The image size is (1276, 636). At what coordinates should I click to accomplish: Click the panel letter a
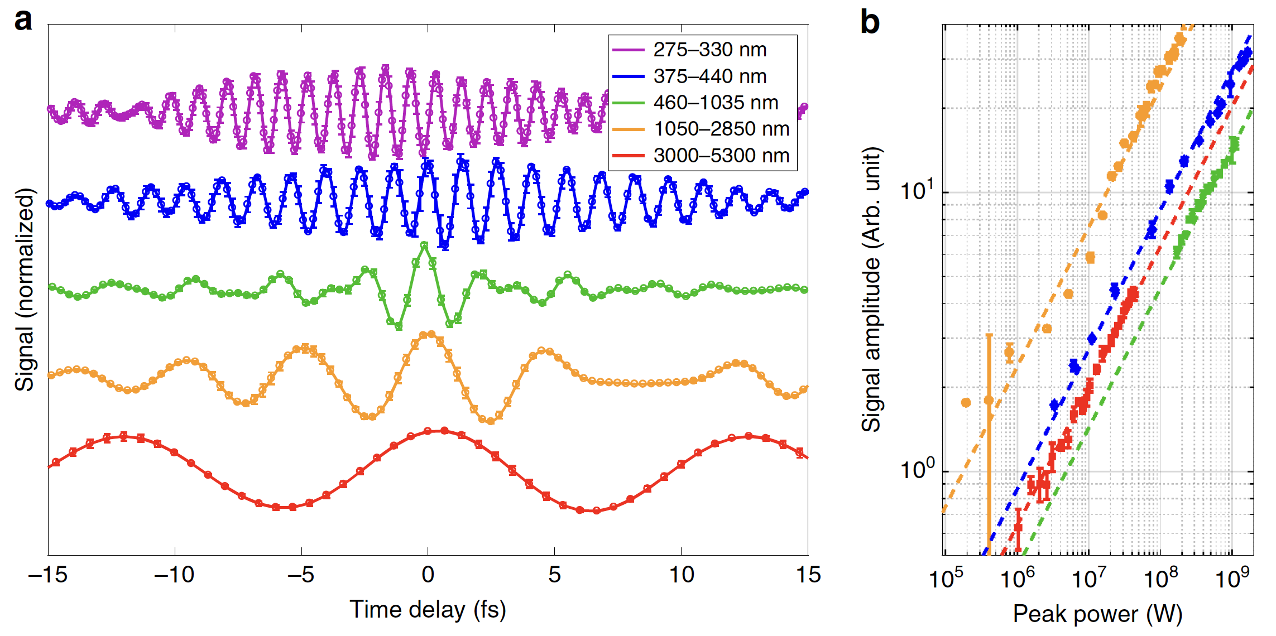pos(23,21)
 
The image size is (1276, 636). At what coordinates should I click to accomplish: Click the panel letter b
pos(870,22)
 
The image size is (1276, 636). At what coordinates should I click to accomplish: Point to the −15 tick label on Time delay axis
pos(48,575)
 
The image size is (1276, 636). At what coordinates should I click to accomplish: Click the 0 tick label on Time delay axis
pos(428,575)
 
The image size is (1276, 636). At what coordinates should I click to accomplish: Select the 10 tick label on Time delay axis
pos(681,575)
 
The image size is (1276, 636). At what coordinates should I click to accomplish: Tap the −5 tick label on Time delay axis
pos(301,575)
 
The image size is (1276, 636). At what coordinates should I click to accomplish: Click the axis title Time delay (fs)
pos(428,609)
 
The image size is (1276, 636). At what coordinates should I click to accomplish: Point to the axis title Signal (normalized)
pos(25,290)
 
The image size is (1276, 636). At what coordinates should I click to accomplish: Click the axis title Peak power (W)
pos(1097,614)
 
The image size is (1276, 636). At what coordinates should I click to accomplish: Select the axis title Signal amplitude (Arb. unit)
pos(871,290)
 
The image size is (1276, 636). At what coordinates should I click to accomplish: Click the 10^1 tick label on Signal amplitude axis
pos(917,191)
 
